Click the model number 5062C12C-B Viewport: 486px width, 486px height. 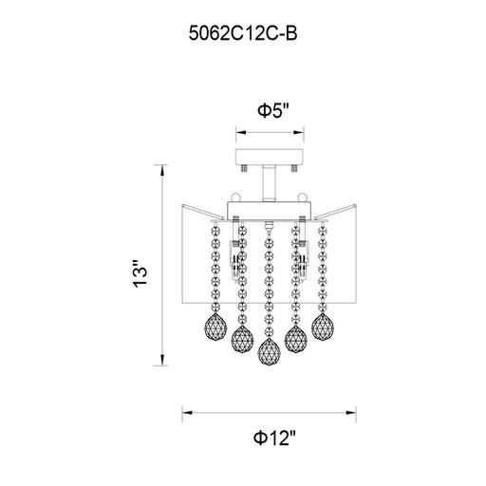(243, 33)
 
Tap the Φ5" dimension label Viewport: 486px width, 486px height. (273, 110)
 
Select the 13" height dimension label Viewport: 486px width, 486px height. (140, 273)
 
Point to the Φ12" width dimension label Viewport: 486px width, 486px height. (274, 439)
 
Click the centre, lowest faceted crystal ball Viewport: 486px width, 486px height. (270, 351)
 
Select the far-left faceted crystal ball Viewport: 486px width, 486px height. (216, 327)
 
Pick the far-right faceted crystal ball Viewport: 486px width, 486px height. (323, 327)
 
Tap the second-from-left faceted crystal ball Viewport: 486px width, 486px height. (243, 340)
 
